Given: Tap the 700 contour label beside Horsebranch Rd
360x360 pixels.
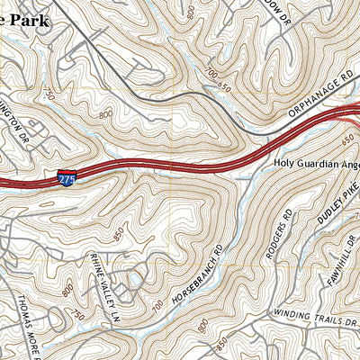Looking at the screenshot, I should [x=159, y=305].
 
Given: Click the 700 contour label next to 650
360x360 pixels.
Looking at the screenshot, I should [x=212, y=71].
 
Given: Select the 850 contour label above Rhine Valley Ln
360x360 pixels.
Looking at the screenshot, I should [x=118, y=236].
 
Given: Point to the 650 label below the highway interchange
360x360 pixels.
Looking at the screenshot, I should [x=347, y=140].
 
